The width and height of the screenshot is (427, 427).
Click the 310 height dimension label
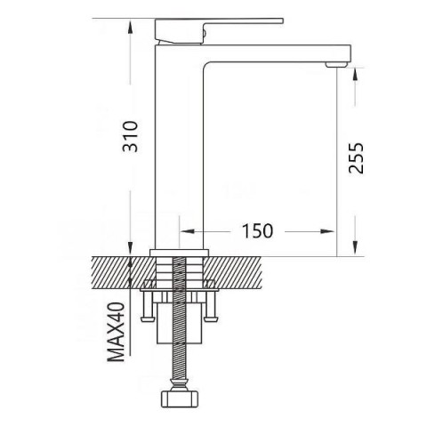coord(130,136)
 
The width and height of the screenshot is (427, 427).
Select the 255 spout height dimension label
coord(356,158)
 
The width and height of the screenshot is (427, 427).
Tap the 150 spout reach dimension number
coord(257,231)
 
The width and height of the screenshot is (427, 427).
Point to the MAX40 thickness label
coord(116,332)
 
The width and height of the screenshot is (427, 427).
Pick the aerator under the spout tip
coord(336,64)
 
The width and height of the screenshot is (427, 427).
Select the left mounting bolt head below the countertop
coord(148,319)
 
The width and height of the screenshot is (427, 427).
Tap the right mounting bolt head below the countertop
coord(211,319)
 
